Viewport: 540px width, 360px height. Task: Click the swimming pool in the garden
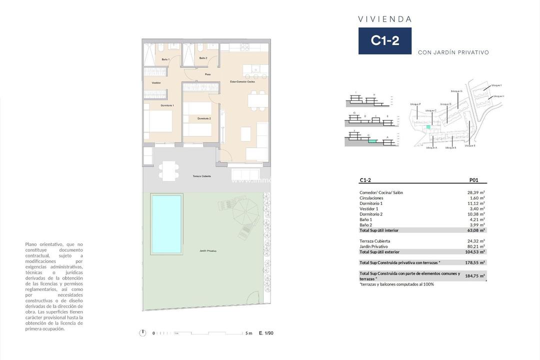[x=167, y=223]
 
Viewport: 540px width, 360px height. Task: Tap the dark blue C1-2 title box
[x=384, y=41]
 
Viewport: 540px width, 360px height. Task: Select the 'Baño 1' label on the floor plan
[x=165, y=59]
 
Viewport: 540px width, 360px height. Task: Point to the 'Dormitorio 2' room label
[x=204, y=118]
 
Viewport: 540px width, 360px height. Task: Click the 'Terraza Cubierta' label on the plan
[x=201, y=176]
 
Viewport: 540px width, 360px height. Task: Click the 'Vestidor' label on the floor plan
[x=156, y=82]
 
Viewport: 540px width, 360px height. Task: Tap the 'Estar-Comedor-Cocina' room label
[x=242, y=81]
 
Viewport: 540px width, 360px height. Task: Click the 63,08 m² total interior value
[x=476, y=230]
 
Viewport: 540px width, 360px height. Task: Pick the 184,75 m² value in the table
[x=475, y=275]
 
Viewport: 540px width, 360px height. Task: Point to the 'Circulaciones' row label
[x=371, y=198]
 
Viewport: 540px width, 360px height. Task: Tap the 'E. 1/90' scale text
[x=266, y=333]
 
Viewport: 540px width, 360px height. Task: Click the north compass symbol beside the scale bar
[x=143, y=333]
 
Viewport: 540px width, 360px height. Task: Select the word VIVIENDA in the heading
[x=385, y=19]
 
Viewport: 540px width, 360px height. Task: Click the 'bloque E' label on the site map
[x=470, y=145]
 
